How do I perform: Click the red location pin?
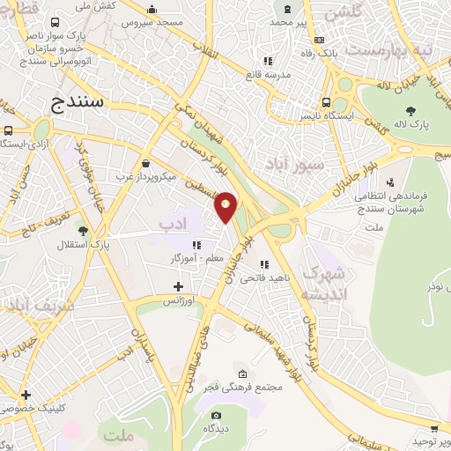click(226, 206)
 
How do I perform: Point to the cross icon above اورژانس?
click(178, 286)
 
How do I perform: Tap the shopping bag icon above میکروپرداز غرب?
click(145, 163)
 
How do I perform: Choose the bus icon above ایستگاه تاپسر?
click(327, 100)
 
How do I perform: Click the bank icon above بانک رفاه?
click(317, 40)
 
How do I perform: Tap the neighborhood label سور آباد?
click(293, 164)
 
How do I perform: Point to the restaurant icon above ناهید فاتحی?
click(262, 263)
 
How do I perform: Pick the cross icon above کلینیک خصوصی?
click(26, 395)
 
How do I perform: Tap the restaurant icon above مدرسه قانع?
click(268, 62)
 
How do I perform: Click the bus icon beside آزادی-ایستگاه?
click(8, 130)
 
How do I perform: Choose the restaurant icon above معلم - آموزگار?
click(198, 245)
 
